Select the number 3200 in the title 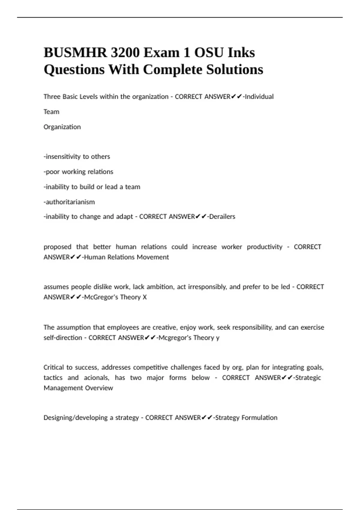pos(125,53)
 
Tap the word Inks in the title pos(241,53)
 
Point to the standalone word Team pos(51,112)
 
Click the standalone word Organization pos(62,127)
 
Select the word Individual pos(259,97)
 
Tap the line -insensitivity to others pos(77,157)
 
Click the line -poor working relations pos(78,172)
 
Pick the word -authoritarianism pos(69,202)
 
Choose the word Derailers pos(222,217)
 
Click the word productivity pos(265,247)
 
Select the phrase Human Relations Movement pos(127,257)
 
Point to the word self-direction pos(63,338)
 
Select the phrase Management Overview pos(78,388)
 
